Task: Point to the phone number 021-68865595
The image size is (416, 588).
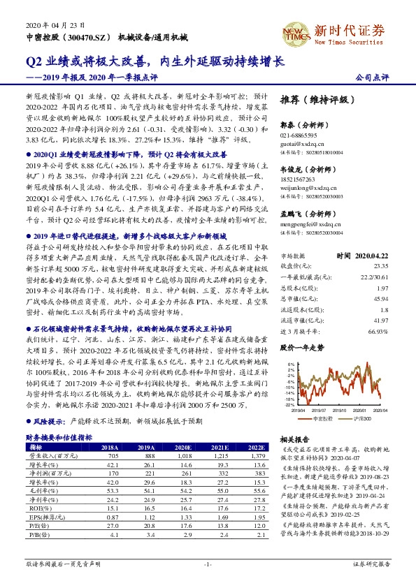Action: [299, 133]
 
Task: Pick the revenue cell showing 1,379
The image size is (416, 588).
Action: [256, 455]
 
